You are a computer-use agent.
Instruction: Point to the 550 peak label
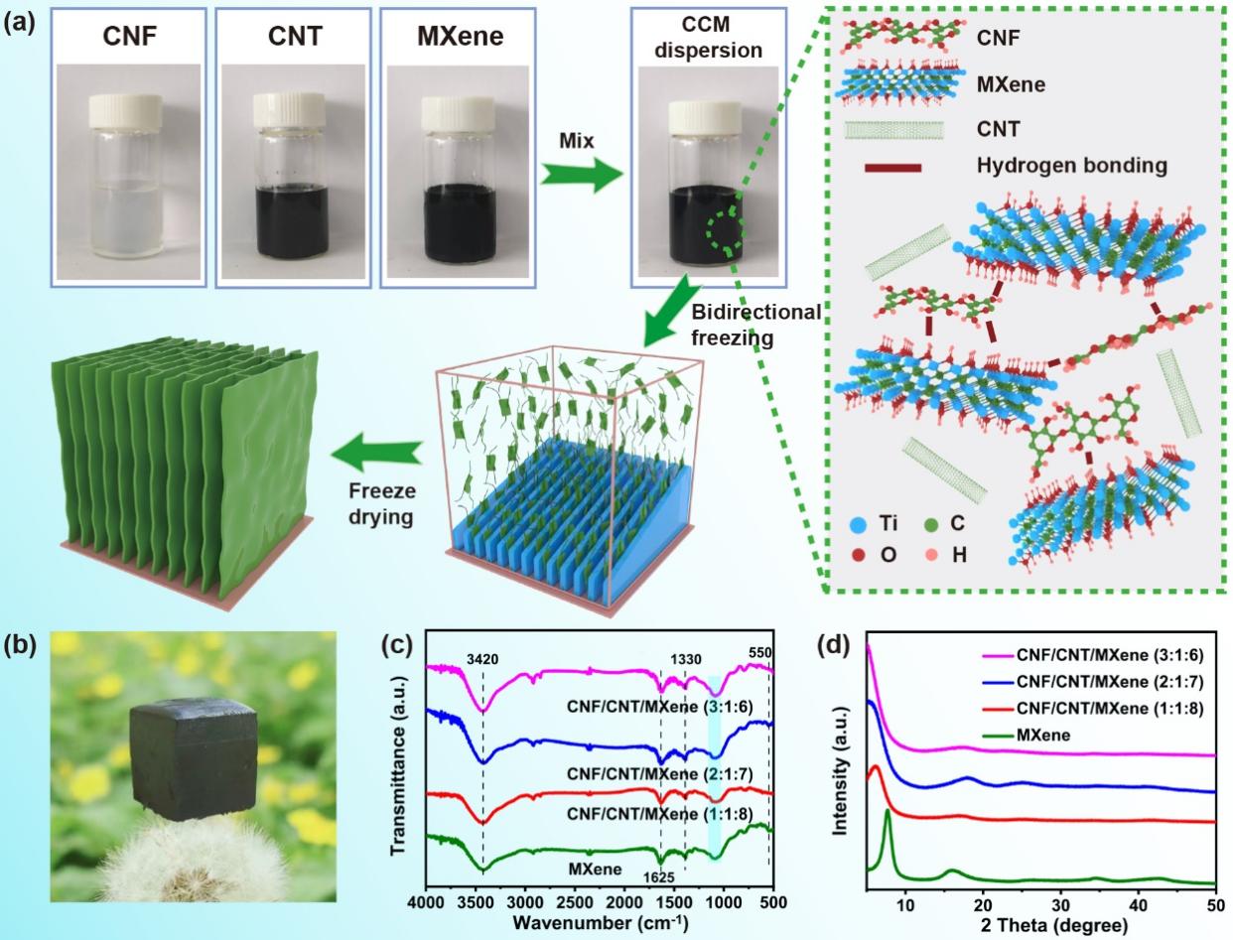point(759,651)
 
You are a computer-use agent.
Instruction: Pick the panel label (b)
point(21,644)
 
